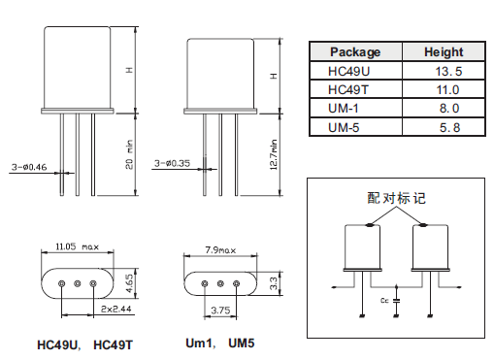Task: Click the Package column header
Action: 355,52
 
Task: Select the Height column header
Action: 444,52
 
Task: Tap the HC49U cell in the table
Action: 348,71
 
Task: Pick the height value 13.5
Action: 448,71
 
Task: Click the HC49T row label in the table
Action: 348,89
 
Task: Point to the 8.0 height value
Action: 449,108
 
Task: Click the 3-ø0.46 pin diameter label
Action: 29,167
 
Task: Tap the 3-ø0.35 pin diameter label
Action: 172,163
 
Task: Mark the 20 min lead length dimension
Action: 129,154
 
